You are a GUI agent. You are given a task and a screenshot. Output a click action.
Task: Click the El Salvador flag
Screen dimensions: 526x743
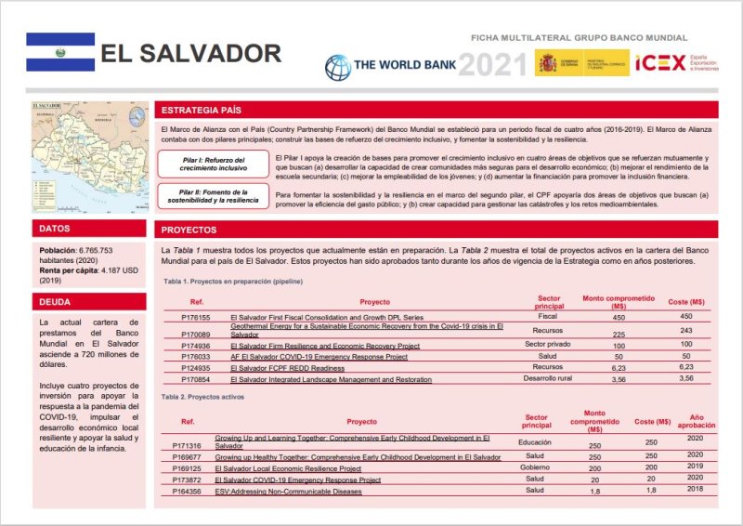click(x=60, y=52)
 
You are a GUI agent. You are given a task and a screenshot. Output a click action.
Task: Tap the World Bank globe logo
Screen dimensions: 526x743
click(x=337, y=66)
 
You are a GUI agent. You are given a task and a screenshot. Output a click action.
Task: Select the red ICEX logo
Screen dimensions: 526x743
click(x=658, y=64)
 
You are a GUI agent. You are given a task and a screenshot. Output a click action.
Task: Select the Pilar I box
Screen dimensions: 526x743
click(x=214, y=164)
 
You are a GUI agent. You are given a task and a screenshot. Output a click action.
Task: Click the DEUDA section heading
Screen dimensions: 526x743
click(x=54, y=301)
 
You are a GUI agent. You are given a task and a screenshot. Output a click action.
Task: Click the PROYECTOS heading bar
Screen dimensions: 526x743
click(x=189, y=229)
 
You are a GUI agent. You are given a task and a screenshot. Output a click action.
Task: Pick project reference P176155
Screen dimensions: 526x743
click(x=196, y=317)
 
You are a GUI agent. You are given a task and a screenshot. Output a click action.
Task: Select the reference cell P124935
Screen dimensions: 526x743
click(x=196, y=367)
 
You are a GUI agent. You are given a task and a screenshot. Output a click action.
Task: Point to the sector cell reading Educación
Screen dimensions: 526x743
click(x=535, y=443)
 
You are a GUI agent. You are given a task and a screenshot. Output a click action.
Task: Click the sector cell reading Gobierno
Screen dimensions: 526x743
click(x=535, y=467)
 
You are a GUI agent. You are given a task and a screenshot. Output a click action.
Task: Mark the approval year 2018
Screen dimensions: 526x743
click(x=695, y=489)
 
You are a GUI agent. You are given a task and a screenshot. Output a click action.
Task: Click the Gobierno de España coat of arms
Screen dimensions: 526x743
click(x=546, y=63)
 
